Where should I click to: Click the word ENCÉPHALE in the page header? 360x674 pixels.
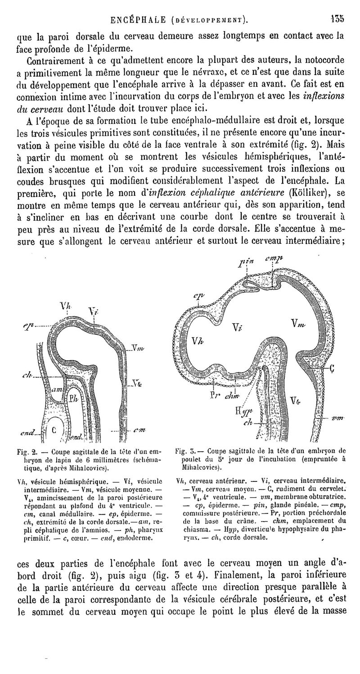tap(140, 20)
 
